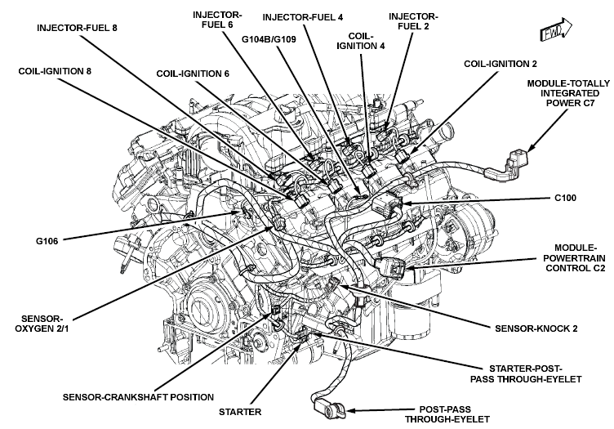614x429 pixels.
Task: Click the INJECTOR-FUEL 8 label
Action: tap(77, 28)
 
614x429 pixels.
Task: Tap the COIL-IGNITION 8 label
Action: tap(55, 71)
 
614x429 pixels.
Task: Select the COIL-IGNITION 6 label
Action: tap(193, 74)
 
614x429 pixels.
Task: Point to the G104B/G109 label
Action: tap(269, 39)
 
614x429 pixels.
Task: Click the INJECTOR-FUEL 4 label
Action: tap(303, 17)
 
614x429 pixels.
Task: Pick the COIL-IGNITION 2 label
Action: tap(501, 64)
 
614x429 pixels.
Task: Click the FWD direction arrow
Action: tap(556, 29)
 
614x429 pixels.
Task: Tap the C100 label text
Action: tap(566, 198)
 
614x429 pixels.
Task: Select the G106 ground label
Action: tap(47, 241)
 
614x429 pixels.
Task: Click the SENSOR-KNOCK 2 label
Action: tap(536, 328)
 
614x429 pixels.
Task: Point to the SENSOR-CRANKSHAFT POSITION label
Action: tap(138, 397)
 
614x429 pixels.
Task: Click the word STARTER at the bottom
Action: tap(240, 412)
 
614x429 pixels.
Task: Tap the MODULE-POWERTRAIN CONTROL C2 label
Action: tap(576, 257)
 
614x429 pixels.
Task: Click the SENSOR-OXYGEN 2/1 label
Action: tap(42, 324)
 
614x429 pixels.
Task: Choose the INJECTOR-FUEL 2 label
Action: tap(412, 21)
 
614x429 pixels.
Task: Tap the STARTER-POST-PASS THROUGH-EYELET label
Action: tap(526, 374)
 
